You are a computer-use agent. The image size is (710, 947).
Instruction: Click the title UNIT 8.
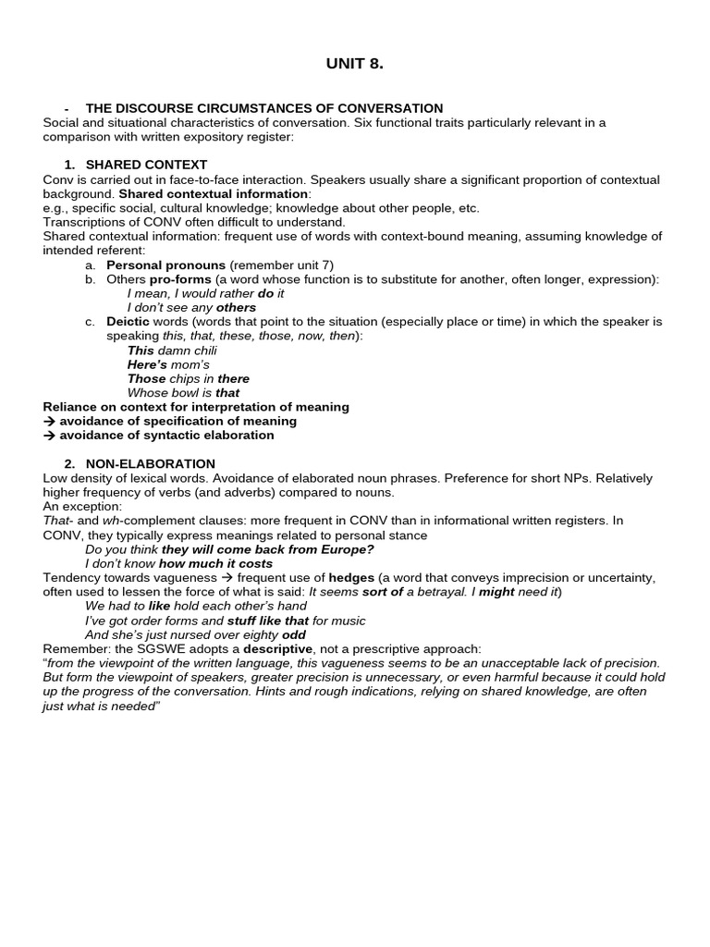[354, 64]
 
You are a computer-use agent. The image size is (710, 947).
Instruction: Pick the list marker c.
[90, 322]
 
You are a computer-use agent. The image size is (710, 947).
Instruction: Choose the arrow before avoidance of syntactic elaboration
[50, 435]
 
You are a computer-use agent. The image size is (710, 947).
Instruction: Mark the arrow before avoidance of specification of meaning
[50, 421]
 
